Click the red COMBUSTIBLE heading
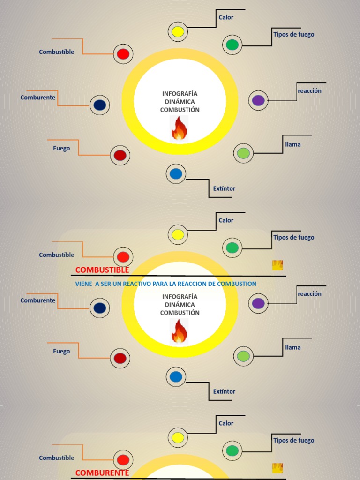pyautogui.click(x=102, y=270)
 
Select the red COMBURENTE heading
pyautogui.click(x=102, y=473)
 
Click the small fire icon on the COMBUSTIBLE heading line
pyautogui.click(x=277, y=265)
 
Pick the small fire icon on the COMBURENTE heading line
pyautogui.click(x=277, y=468)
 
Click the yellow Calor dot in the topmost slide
pyautogui.click(x=178, y=32)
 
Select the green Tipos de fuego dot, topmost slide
pyautogui.click(x=232, y=45)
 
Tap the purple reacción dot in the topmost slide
pyautogui.click(x=258, y=100)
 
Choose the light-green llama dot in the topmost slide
pyautogui.click(x=243, y=153)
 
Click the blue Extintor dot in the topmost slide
pyautogui.click(x=176, y=174)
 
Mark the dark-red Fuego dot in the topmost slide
pyautogui.click(x=120, y=155)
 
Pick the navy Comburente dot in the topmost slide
pyautogui.click(x=99, y=105)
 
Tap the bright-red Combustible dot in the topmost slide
pyautogui.click(x=123, y=54)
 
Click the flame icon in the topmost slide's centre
pyautogui.click(x=179, y=128)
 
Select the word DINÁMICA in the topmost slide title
pyautogui.click(x=180, y=101)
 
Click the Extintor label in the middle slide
pyautogui.click(x=224, y=391)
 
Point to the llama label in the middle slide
pyautogui.click(x=293, y=347)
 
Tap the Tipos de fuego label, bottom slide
pyautogui.click(x=293, y=440)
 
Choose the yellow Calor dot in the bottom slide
pyautogui.click(x=178, y=437)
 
